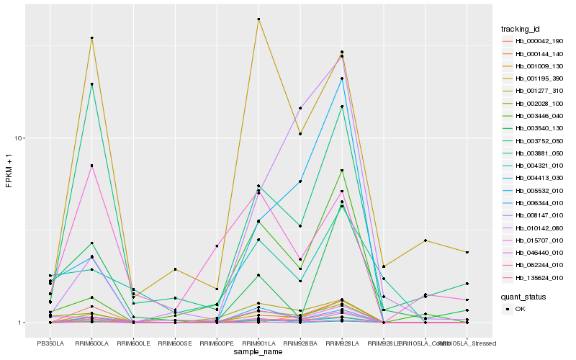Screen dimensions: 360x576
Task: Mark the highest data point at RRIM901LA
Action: [258, 19]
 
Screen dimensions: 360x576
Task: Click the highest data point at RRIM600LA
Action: [92, 37]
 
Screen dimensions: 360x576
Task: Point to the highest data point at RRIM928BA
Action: [300, 108]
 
